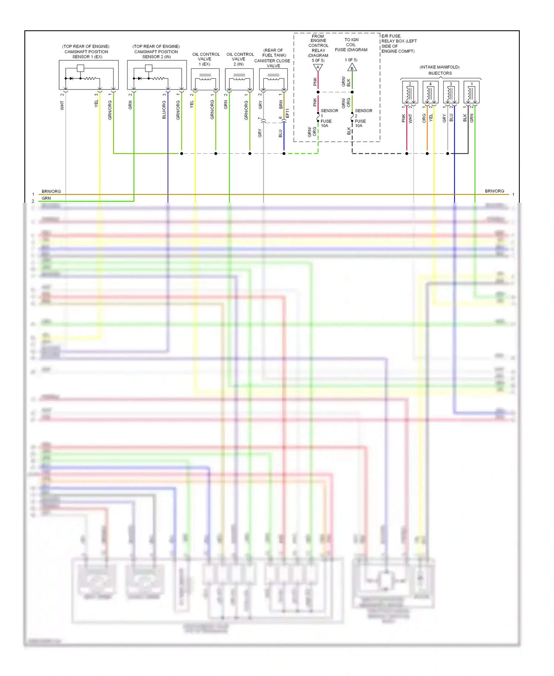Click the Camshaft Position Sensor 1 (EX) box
(89, 75)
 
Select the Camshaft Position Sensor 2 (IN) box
(157, 75)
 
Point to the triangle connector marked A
(318, 68)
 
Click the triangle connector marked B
(352, 68)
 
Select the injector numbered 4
(430, 92)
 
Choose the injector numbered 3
(451, 92)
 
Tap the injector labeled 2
(410, 92)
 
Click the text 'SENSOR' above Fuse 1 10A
(329, 111)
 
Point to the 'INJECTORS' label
(440, 73)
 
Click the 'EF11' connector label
(288, 113)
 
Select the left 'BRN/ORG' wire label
(51, 191)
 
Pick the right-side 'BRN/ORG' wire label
(494, 191)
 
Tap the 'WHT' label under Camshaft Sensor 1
(62, 106)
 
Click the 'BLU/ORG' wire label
(164, 110)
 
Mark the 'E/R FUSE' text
(391, 36)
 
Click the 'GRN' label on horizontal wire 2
(46, 198)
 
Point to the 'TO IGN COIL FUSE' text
(351, 45)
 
